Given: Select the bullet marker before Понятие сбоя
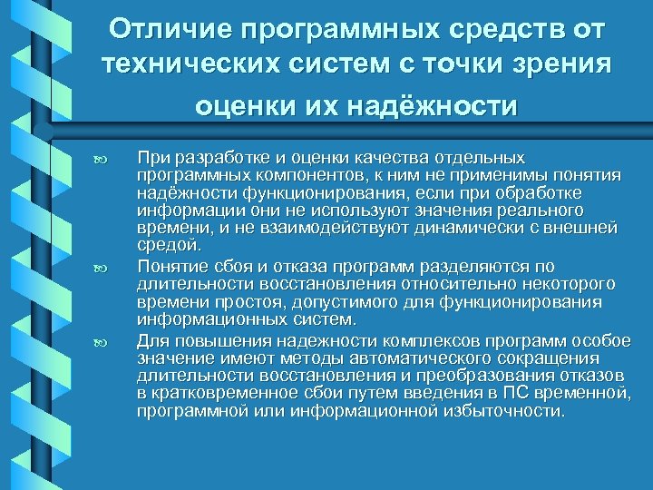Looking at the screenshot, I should pyautogui.click(x=102, y=267).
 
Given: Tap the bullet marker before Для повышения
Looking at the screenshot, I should pyautogui.click(x=102, y=341).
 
